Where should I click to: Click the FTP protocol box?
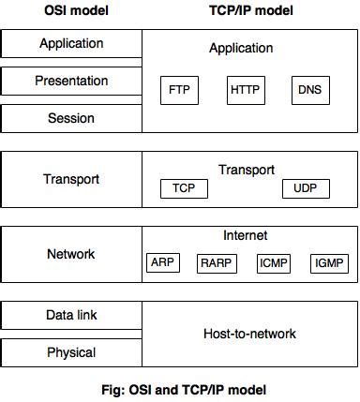click(x=179, y=92)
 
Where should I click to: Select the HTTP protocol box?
click(x=246, y=92)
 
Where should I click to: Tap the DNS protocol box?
click(x=309, y=92)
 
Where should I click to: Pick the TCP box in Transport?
click(x=183, y=188)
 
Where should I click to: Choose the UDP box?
click(x=305, y=188)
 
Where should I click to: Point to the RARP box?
click(x=216, y=263)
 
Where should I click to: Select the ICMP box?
click(x=274, y=263)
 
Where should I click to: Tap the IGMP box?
click(x=329, y=263)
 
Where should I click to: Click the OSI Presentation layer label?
click(x=71, y=81)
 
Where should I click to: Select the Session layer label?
click(x=71, y=118)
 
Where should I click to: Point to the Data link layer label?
click(x=71, y=315)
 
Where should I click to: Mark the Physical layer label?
click(x=71, y=352)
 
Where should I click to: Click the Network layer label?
click(x=71, y=254)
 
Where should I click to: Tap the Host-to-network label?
click(x=249, y=334)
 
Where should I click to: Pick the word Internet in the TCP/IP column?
click(x=246, y=235)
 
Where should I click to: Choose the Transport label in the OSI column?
click(x=71, y=179)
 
